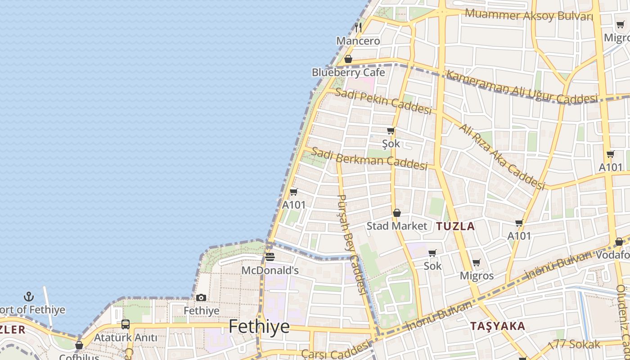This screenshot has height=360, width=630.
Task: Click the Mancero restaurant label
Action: point(358,41)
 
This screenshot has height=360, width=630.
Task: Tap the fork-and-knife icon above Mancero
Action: point(358,27)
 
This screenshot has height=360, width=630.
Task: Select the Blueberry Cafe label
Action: point(348,72)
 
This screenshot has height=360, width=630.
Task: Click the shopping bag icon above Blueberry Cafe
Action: point(348,59)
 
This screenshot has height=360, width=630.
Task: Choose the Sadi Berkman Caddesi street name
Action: point(369,158)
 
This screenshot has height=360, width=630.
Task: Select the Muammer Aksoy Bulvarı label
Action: point(529,15)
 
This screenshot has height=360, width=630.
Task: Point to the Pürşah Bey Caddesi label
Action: point(352,243)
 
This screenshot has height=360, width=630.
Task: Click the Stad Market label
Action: point(396,226)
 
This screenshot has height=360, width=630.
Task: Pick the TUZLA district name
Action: point(455,226)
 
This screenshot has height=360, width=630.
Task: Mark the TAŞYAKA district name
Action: point(498,326)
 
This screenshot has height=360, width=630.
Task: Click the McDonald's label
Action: point(270,270)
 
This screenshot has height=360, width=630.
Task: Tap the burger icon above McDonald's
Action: point(270,257)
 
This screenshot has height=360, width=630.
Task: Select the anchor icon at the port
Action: point(29,297)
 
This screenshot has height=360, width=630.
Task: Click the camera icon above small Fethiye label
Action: point(201,297)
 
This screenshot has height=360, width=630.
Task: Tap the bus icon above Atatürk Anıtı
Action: point(126,324)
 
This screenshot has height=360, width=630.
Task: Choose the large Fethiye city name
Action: point(259,326)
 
